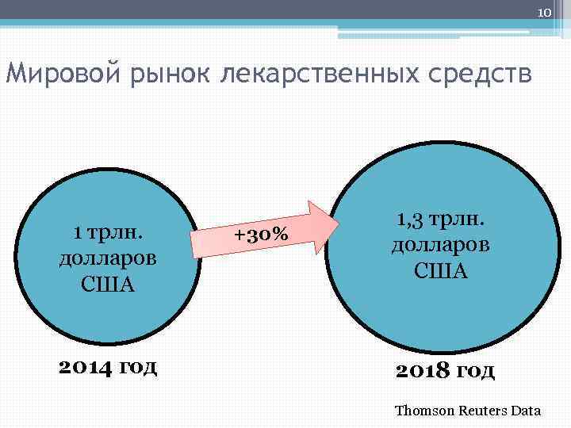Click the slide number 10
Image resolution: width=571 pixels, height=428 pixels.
pyautogui.click(x=543, y=13)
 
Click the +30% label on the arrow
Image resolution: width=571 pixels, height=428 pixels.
pyautogui.click(x=261, y=235)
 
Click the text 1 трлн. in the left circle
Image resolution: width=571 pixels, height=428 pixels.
pyautogui.click(x=107, y=232)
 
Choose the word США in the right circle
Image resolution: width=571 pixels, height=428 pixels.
pyautogui.click(x=440, y=271)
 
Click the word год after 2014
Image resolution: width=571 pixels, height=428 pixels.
pyautogui.click(x=140, y=366)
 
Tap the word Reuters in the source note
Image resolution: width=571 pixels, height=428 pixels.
pyautogui.click(x=482, y=411)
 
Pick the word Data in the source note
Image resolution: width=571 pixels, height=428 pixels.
pyautogui.click(x=527, y=411)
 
